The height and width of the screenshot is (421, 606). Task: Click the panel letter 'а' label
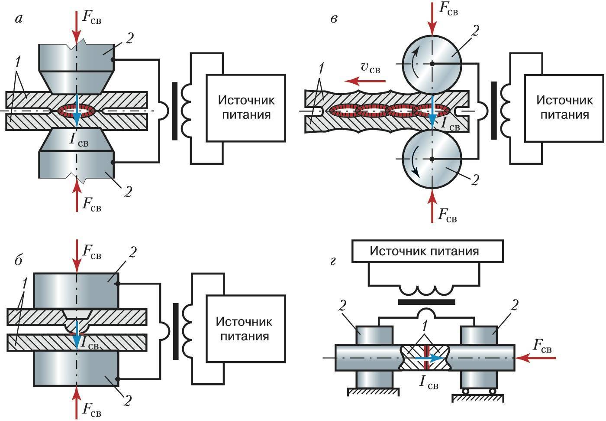pos(19,19)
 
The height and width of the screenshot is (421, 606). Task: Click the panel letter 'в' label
pos(334,19)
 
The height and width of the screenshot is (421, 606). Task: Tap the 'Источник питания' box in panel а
pos(246,108)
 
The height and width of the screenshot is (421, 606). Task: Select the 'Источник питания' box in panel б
pos(245,329)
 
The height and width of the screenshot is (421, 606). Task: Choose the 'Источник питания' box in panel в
pos(564,108)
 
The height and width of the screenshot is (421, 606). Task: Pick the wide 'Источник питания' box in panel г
pos(428,251)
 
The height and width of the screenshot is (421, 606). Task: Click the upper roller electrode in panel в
pos(432,63)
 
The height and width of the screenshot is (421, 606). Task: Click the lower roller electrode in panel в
pos(432,159)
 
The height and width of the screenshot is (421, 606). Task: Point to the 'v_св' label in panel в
pos(371,68)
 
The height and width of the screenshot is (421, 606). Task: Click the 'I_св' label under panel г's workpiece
pos(429,382)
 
